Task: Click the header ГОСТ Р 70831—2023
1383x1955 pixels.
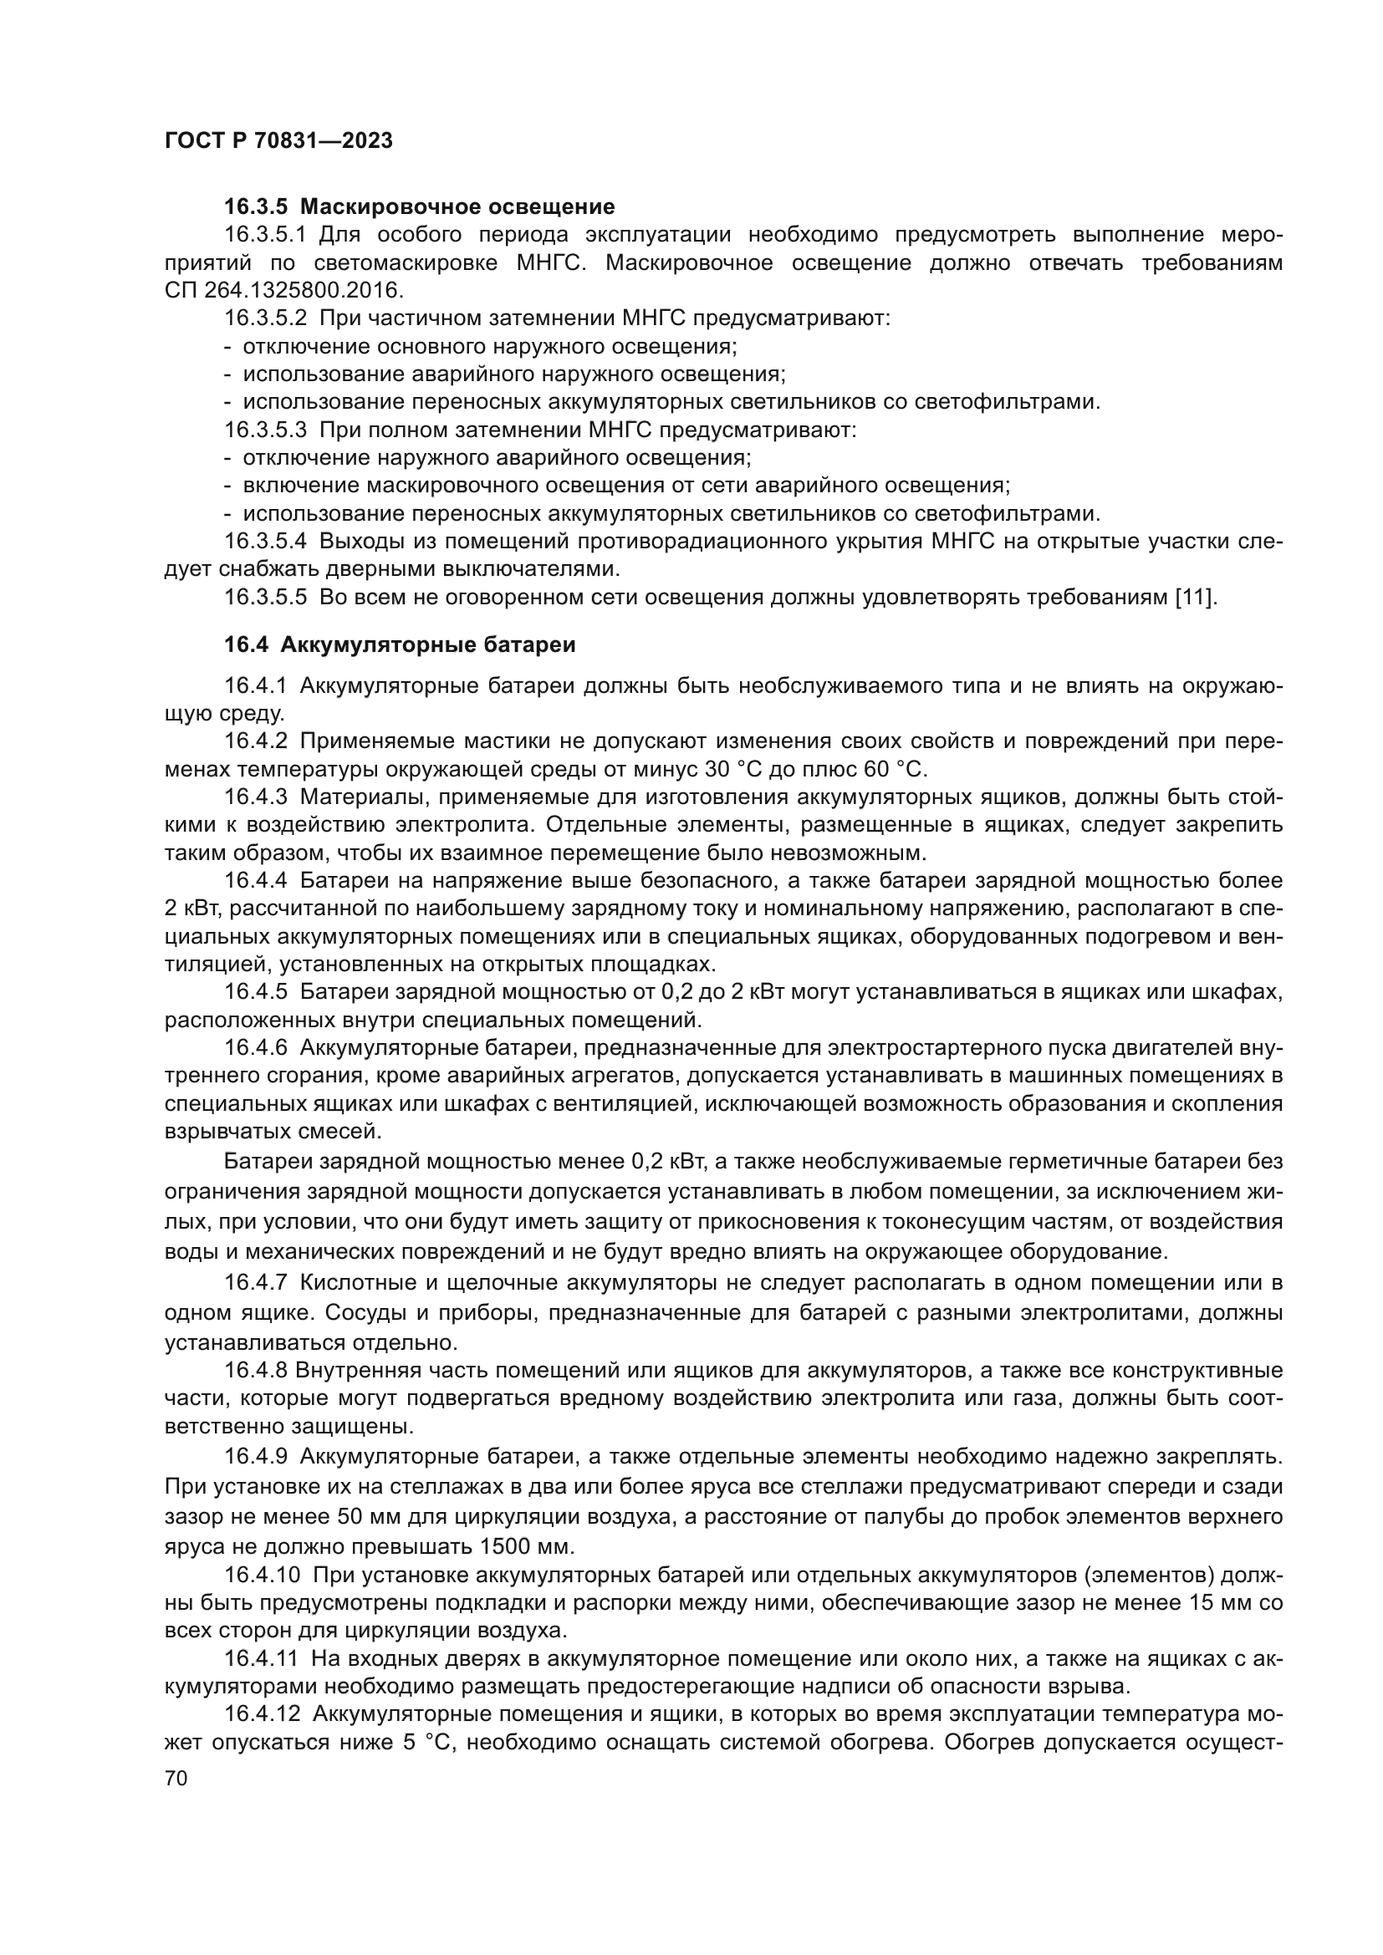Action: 278,141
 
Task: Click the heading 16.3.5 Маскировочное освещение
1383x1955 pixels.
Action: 419,207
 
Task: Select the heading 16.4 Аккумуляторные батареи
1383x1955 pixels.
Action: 400,644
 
